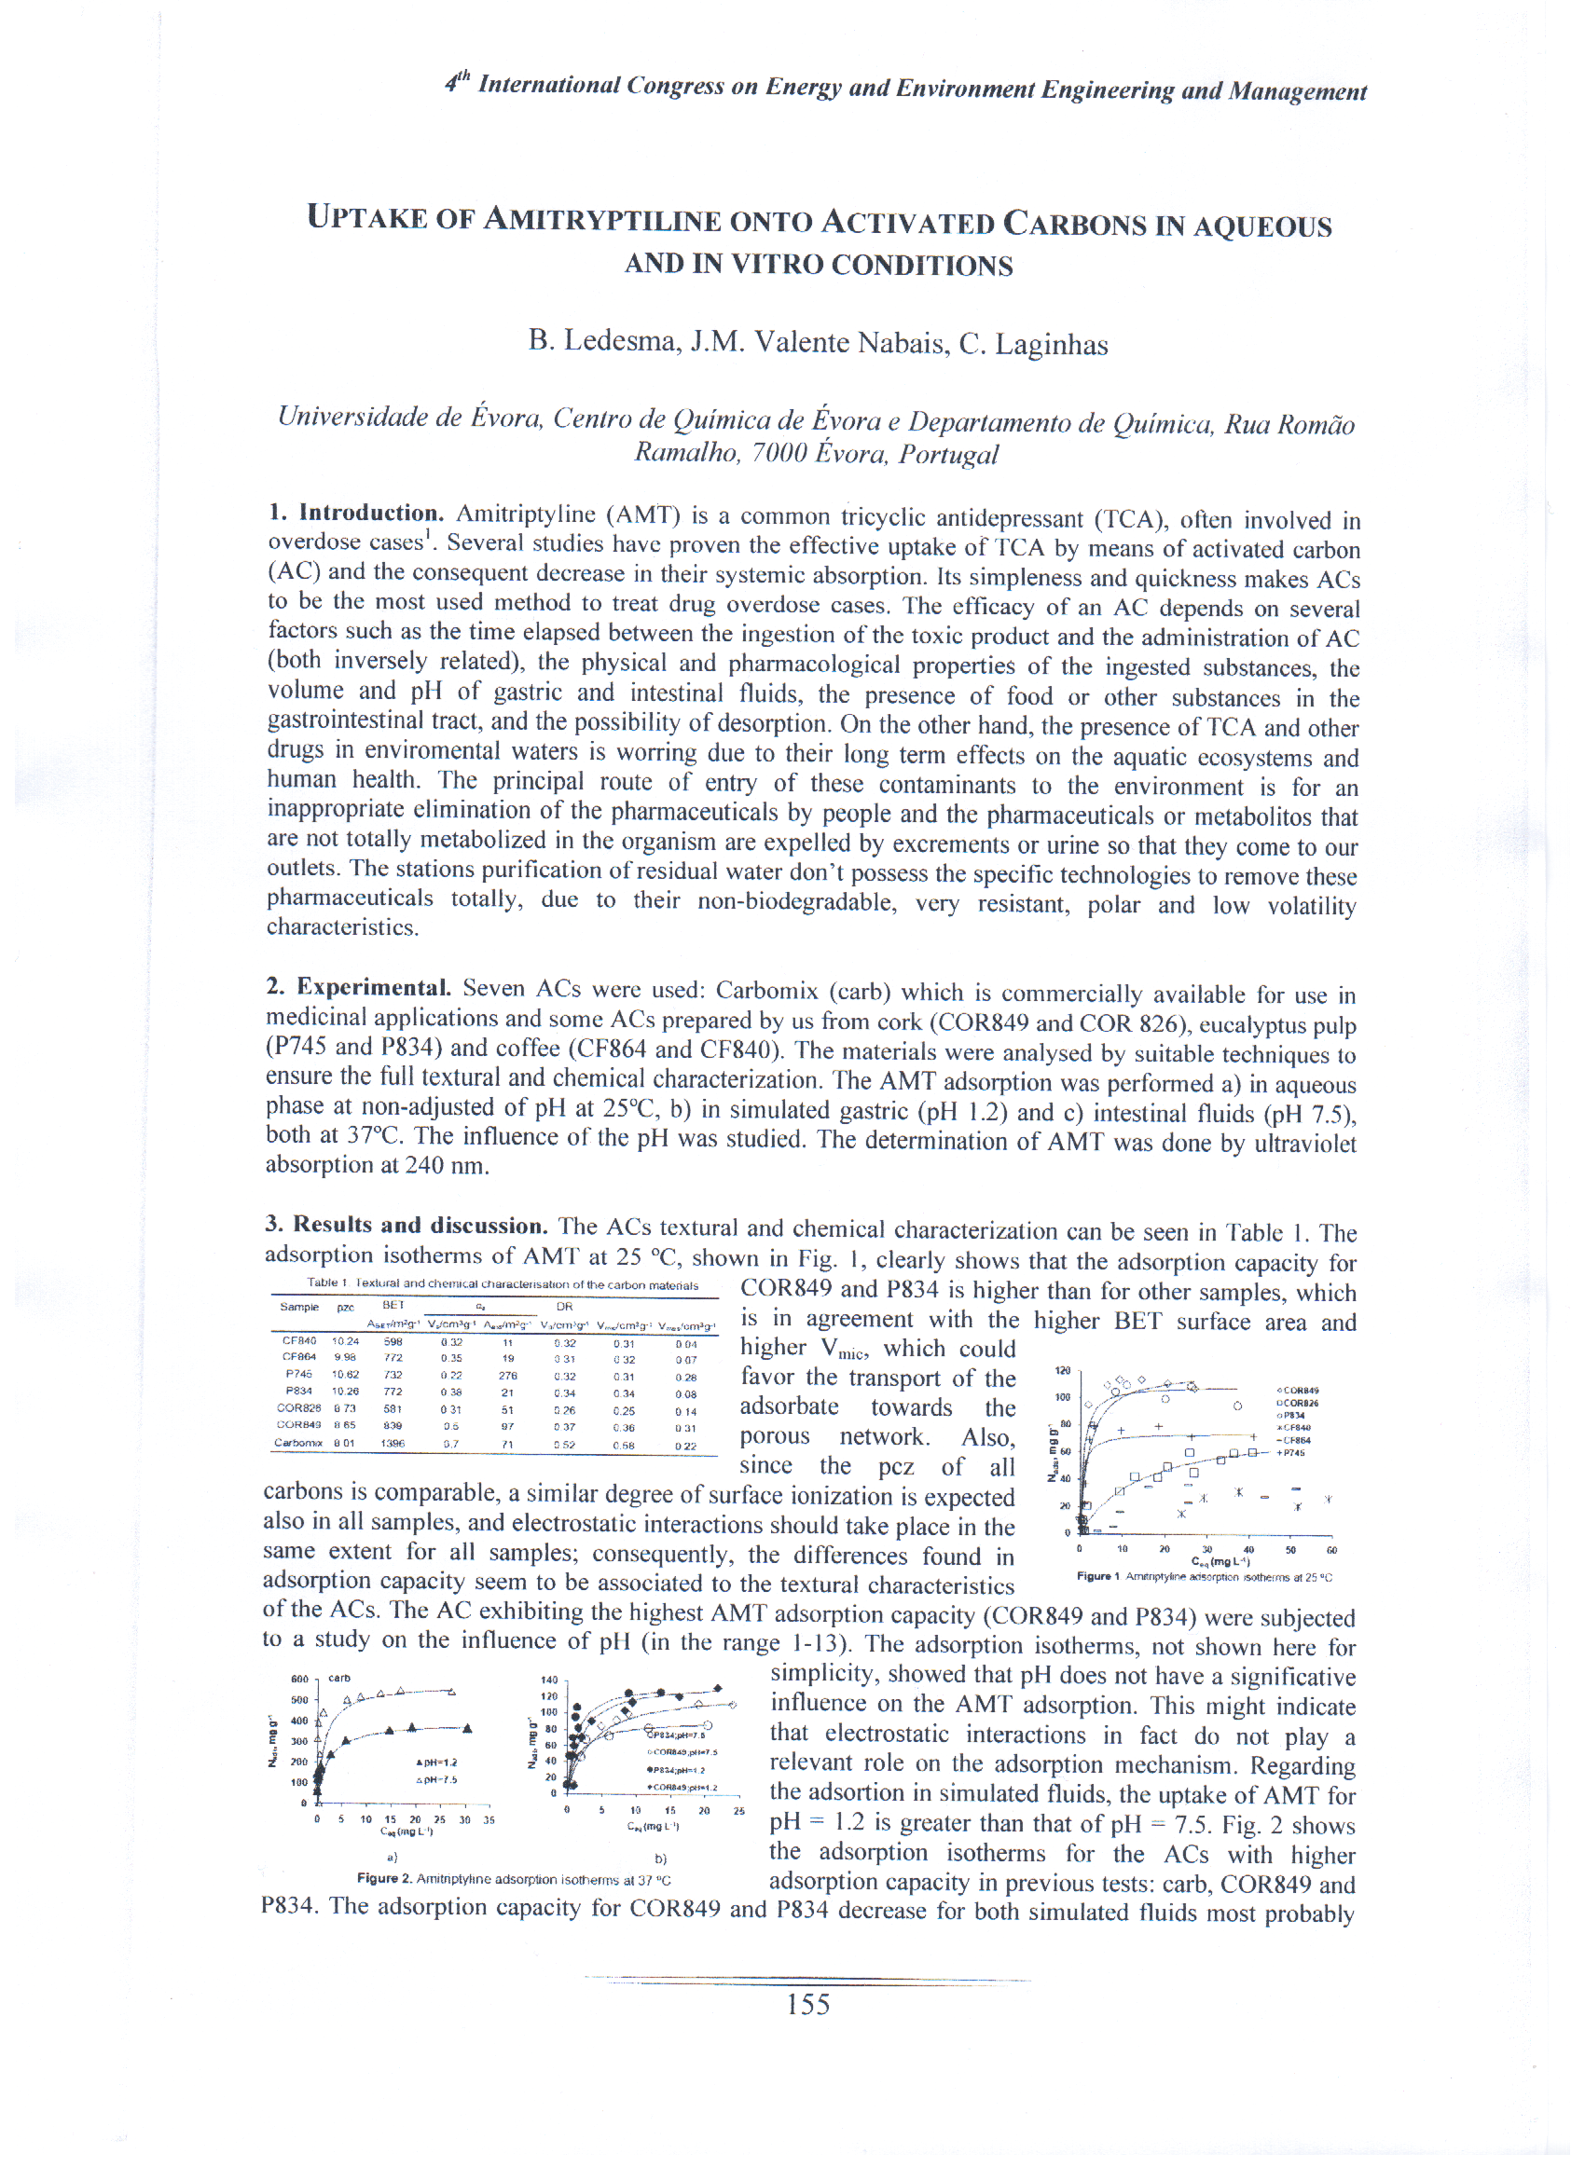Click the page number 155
pos(808,2005)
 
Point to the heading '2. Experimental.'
pos(358,988)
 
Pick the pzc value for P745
pos(344,1374)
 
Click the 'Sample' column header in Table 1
pos(298,1307)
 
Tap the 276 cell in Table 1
pos(508,1375)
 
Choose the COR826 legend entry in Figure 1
pos(1298,1403)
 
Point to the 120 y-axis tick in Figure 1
pos(1063,1370)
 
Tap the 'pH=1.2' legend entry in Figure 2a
pos(436,1763)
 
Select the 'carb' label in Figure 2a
pos(339,1678)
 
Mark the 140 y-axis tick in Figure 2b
pos(549,1680)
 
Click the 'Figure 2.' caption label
pos(384,1878)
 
